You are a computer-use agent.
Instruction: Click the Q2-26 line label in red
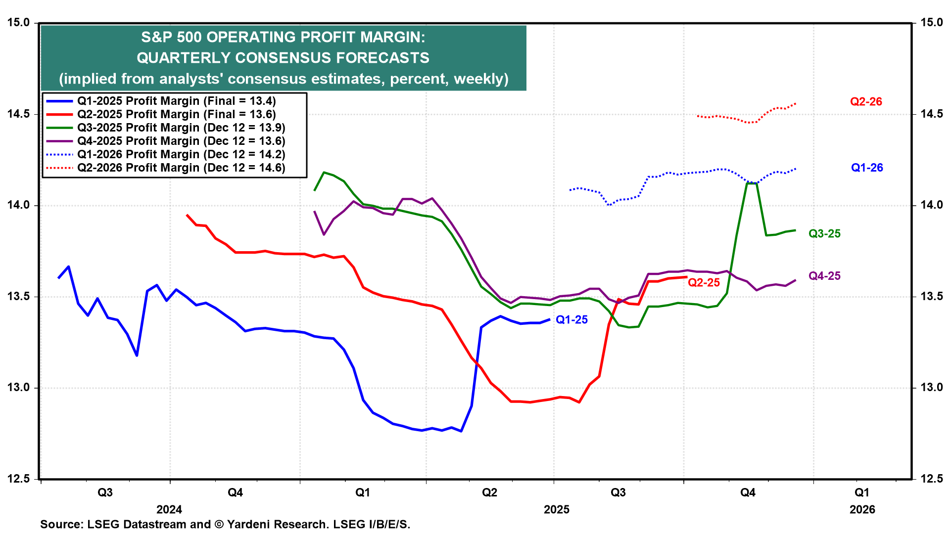pos(866,102)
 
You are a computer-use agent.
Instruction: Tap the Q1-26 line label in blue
pos(867,168)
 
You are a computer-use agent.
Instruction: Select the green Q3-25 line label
pos(824,234)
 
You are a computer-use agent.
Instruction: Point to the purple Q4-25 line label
pos(824,276)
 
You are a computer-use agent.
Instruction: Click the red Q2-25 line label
pos(704,283)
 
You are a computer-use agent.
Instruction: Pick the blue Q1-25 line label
pos(571,320)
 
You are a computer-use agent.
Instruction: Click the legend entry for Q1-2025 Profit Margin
pos(176,101)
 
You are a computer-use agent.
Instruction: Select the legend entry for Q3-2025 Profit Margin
pos(181,128)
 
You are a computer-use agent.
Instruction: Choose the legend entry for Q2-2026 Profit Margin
pos(181,168)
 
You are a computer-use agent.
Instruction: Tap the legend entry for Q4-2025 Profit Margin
pos(181,141)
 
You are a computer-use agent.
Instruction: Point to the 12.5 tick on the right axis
pos(932,479)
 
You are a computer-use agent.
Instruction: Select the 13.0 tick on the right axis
pos(932,388)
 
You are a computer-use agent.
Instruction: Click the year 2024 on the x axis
pos(169,510)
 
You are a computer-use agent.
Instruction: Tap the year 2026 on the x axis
pos(862,510)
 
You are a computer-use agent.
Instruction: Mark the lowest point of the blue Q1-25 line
pos(461,431)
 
